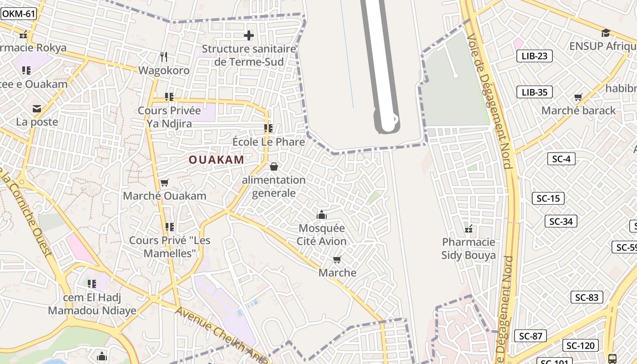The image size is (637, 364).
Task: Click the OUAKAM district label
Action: [x=217, y=160]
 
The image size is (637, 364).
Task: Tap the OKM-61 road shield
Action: [x=18, y=14]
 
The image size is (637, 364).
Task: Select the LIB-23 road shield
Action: [x=534, y=56]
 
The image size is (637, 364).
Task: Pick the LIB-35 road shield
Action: [x=534, y=92]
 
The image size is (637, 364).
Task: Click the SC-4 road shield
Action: [x=561, y=159]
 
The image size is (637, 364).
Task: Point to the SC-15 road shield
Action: [x=548, y=198]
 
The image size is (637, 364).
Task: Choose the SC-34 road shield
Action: [x=561, y=222]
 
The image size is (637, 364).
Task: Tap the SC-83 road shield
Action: [x=586, y=298]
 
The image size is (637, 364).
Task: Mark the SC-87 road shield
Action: [x=531, y=336]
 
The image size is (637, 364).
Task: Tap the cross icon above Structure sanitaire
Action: [x=248, y=35]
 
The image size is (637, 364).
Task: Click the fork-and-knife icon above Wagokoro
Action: [x=164, y=57]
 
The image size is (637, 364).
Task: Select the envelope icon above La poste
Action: [x=37, y=109]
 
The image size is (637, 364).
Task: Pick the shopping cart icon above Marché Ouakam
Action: [x=164, y=182]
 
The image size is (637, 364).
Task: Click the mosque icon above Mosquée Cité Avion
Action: [x=322, y=214]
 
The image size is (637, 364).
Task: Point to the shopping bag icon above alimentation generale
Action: [x=273, y=167]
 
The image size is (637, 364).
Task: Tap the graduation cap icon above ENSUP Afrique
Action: [x=605, y=33]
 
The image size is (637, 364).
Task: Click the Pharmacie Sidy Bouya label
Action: [x=468, y=248]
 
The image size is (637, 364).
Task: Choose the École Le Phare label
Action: [x=268, y=142]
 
